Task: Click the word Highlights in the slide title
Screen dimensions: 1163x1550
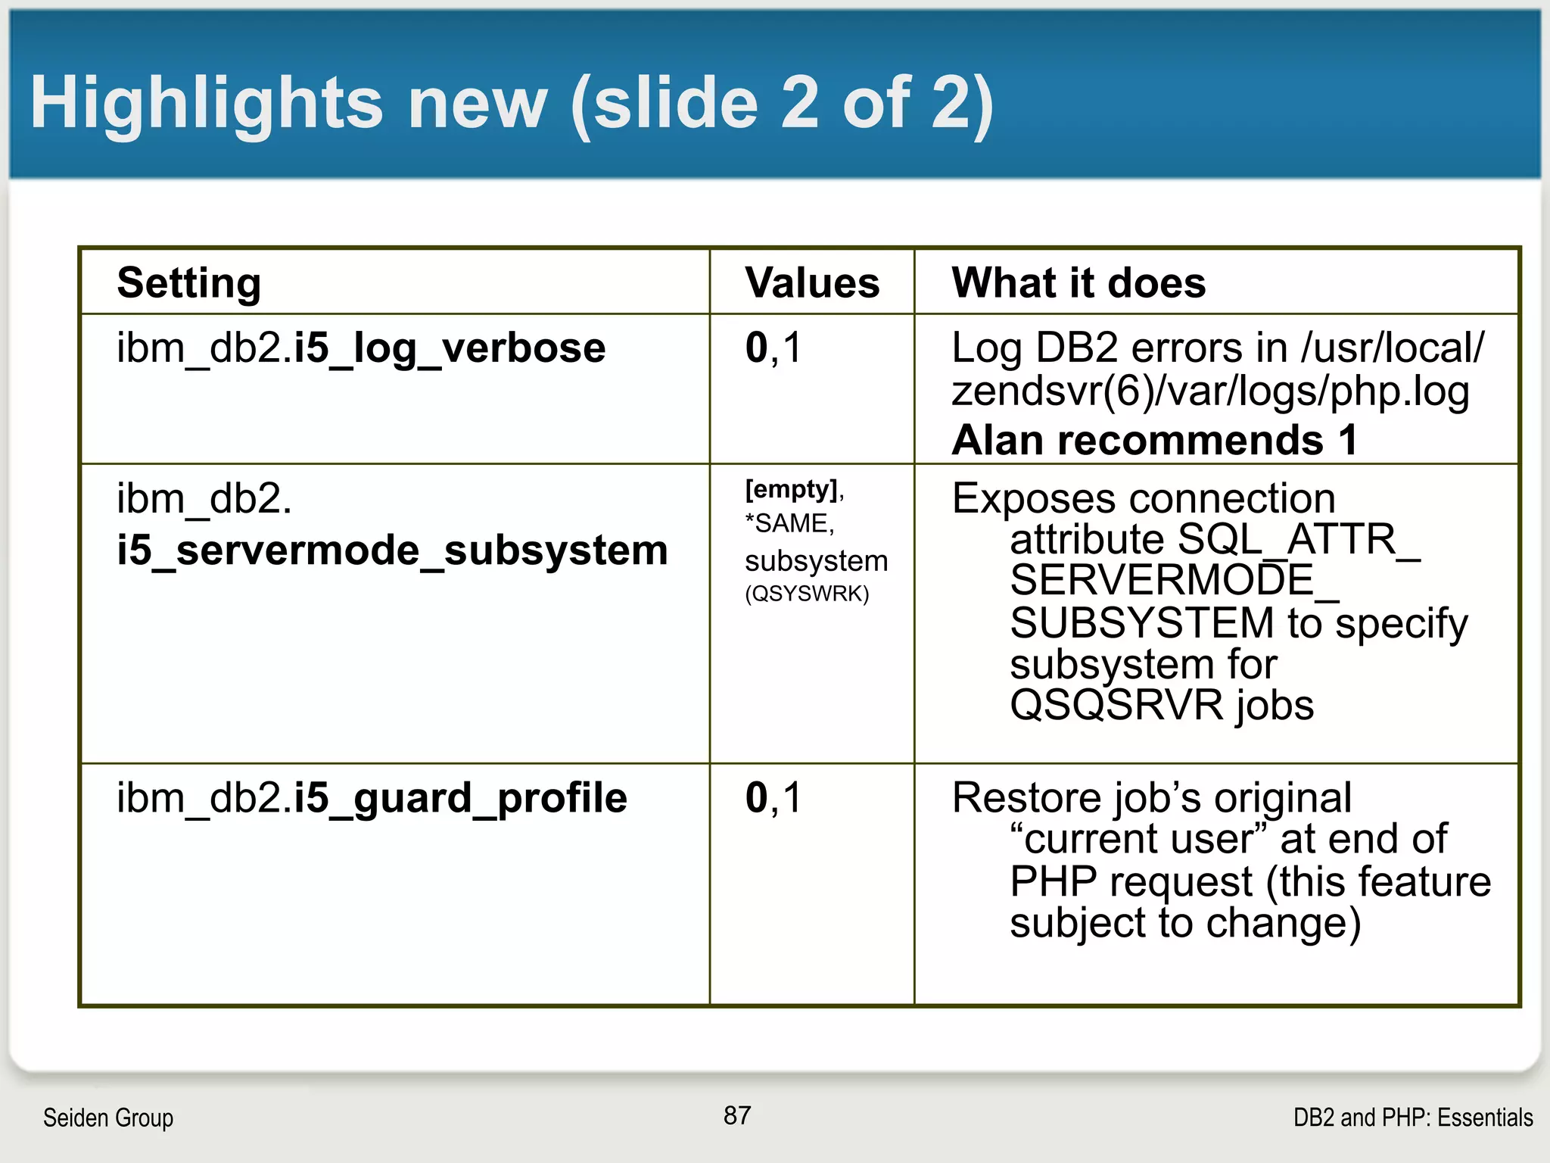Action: point(206,104)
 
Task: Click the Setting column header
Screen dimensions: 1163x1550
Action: point(189,283)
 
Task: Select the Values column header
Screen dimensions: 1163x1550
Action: point(812,283)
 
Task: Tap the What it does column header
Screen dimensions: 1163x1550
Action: point(1078,283)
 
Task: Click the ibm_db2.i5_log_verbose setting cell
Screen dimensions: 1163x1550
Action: point(361,348)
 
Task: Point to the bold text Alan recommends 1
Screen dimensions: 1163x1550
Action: point(1154,441)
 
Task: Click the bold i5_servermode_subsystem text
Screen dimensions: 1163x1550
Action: point(392,550)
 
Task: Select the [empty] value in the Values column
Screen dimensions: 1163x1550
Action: point(792,489)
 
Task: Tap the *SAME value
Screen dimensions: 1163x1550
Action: point(789,523)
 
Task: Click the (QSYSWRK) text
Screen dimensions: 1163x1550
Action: point(807,594)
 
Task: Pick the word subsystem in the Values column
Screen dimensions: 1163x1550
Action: point(816,561)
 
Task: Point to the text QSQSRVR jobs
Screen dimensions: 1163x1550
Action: point(1162,706)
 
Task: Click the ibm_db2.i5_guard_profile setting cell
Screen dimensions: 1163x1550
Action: point(372,798)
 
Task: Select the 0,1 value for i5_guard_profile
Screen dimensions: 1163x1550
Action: point(773,798)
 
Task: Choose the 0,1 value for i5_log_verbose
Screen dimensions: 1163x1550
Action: point(773,348)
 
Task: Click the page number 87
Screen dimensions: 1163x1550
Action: point(737,1115)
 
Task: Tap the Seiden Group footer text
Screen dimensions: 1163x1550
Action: point(108,1118)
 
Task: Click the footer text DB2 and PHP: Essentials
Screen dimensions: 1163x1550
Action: point(1413,1118)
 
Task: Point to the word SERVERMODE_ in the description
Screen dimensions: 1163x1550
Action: point(1174,581)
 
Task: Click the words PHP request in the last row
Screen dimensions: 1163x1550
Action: point(1131,882)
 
